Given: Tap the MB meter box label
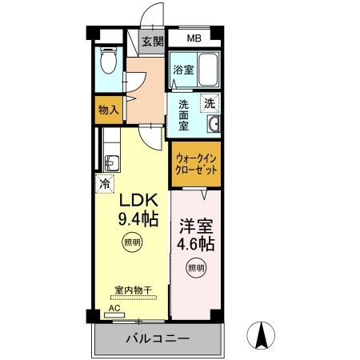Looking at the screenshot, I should coord(194,38).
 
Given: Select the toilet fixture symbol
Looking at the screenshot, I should coord(110,62).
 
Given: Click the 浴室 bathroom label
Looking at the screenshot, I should coord(183,70).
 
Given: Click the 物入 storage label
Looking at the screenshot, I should coord(109,110).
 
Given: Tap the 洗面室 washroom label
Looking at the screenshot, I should coord(183,114).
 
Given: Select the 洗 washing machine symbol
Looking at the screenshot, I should coord(209,103).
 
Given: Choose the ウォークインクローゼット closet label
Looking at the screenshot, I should coord(196,164).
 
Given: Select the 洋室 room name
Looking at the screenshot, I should coord(195,226).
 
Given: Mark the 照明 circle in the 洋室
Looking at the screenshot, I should coord(195,267).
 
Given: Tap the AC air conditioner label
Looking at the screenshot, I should coord(114,306).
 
